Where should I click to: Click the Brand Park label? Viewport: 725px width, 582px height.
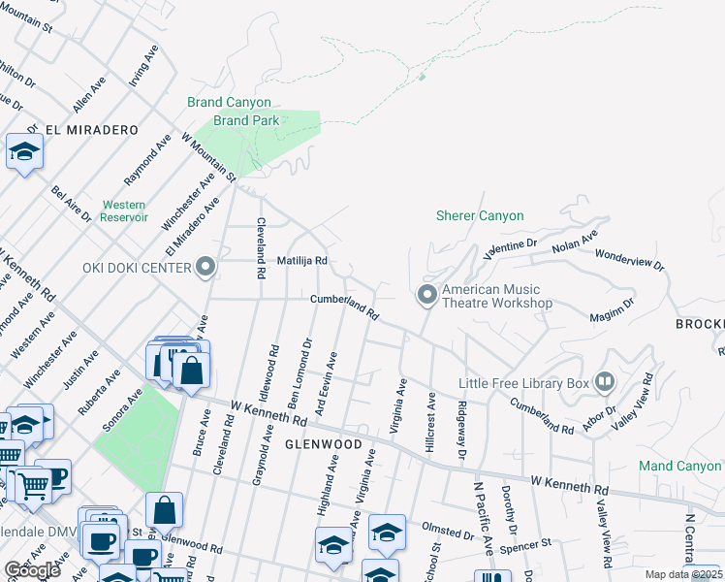pyautogui.click(x=246, y=120)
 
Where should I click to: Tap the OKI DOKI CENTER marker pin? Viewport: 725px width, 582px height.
pyautogui.click(x=205, y=267)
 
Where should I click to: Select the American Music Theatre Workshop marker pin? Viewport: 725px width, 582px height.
pyautogui.click(x=426, y=294)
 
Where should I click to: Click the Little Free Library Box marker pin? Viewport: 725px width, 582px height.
pyautogui.click(x=606, y=382)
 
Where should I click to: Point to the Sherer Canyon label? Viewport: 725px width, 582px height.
pyautogui.click(x=480, y=216)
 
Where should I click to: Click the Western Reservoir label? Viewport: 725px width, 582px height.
pyautogui.click(x=124, y=211)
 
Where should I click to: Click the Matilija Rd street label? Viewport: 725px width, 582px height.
pyautogui.click(x=302, y=261)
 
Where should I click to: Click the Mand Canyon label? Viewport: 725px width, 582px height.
pyautogui.click(x=680, y=466)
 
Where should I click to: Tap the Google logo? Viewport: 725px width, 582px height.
pyautogui.click(x=32, y=570)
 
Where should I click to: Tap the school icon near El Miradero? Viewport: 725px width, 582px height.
pyautogui.click(x=24, y=151)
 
